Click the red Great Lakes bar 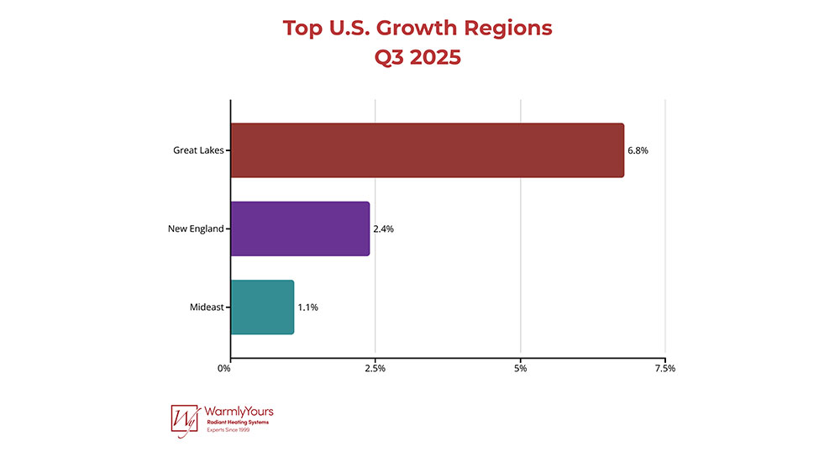tap(427, 150)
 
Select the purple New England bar tap(300, 228)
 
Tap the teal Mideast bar tap(262, 307)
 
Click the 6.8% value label tap(638, 151)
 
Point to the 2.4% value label tap(384, 228)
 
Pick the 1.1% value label tap(307, 307)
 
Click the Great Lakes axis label tap(198, 151)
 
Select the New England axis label tap(196, 228)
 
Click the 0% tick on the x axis tap(224, 368)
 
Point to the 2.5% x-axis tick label tap(375, 368)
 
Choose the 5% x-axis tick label tap(521, 368)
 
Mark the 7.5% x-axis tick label tap(664, 368)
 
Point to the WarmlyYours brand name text tap(239, 412)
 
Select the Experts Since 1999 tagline tap(228, 430)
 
